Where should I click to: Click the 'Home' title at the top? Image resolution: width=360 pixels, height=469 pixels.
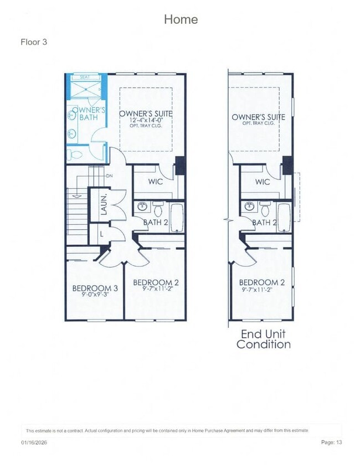tap(181, 19)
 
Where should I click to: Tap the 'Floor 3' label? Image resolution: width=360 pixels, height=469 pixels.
tap(34, 42)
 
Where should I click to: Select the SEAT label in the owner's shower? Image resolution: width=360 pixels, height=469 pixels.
tap(85, 77)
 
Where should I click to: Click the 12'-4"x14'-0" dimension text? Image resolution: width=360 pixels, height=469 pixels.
tap(146, 120)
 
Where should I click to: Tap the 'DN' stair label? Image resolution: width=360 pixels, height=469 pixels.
tap(109, 176)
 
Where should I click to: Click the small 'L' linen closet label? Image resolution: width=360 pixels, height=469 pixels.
tap(102, 234)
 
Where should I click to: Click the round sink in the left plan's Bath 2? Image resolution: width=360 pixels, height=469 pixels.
tap(142, 207)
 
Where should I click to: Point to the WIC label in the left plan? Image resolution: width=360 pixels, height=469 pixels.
tap(156, 182)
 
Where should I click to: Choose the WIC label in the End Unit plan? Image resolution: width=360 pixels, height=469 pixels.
tap(263, 182)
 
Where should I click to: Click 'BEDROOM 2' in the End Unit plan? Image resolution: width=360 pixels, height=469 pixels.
tap(262, 282)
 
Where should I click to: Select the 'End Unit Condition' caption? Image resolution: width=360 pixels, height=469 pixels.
tap(264, 339)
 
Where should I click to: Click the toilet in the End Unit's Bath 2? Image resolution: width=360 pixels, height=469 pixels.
tap(264, 209)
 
